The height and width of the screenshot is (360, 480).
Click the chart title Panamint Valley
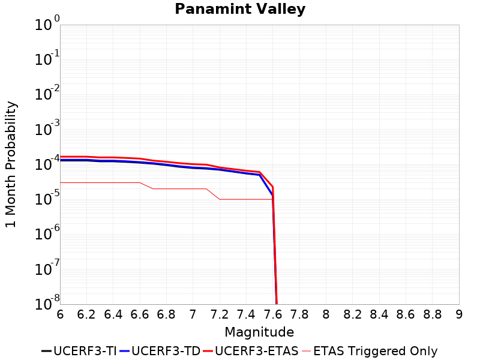[x=240, y=10]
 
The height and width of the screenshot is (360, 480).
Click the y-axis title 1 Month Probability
[x=11, y=164]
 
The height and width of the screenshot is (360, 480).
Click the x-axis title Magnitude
[x=259, y=332]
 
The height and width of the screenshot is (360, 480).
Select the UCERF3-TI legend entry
[x=79, y=351]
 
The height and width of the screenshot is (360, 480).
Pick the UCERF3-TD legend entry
[x=160, y=351]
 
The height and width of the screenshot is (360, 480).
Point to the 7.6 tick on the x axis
[x=273, y=314]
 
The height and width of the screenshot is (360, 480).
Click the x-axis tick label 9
[x=459, y=314]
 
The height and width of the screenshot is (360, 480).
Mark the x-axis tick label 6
[x=60, y=314]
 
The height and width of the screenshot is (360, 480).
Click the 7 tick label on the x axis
[x=193, y=314]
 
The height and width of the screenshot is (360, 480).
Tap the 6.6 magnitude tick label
[x=140, y=314]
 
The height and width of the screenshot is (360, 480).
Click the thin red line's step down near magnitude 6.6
[x=146, y=185]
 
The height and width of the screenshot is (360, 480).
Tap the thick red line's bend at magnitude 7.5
[x=260, y=172]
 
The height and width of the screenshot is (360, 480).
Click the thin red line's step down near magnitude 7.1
[x=213, y=194]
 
